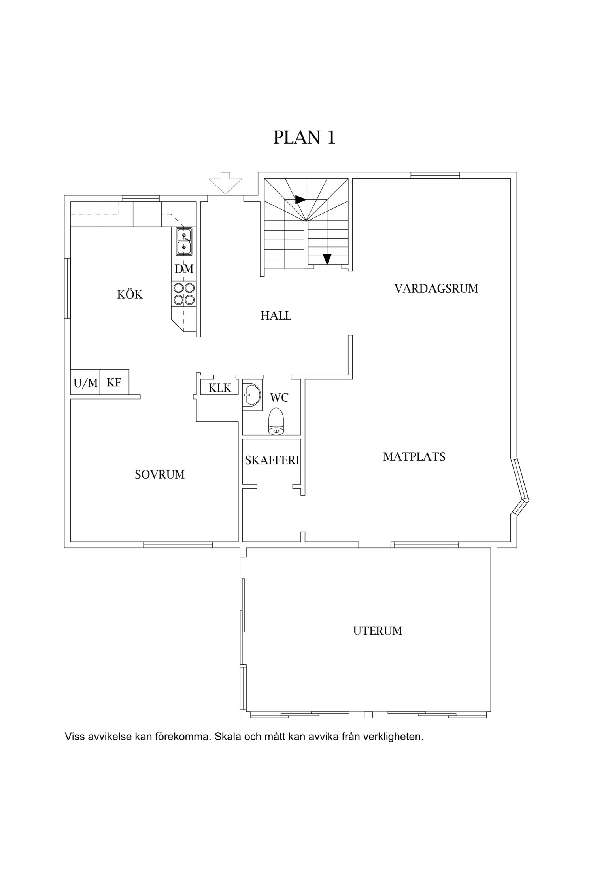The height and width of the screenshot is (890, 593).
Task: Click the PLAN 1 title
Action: coord(304,137)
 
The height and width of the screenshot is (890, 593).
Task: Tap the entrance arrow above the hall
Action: coord(225,183)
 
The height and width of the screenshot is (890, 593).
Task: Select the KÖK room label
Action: coord(130,294)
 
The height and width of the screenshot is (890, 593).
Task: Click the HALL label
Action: coord(276,316)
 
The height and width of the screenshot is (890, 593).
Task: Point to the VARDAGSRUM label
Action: coord(436,288)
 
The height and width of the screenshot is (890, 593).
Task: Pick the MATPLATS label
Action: coord(414,457)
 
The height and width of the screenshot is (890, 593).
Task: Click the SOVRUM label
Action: coord(160,474)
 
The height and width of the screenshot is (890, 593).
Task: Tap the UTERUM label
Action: coord(378,631)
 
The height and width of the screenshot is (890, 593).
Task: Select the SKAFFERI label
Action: coord(272,460)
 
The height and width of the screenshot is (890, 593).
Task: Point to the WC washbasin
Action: coord(251,394)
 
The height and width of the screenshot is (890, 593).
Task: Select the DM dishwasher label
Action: coord(184,269)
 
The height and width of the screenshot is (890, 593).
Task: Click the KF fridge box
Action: coord(114,382)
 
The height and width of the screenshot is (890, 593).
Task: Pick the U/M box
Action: coord(85,382)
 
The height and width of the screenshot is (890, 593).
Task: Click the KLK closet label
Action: coord(220,388)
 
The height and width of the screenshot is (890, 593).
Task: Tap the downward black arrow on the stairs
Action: coord(327,259)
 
